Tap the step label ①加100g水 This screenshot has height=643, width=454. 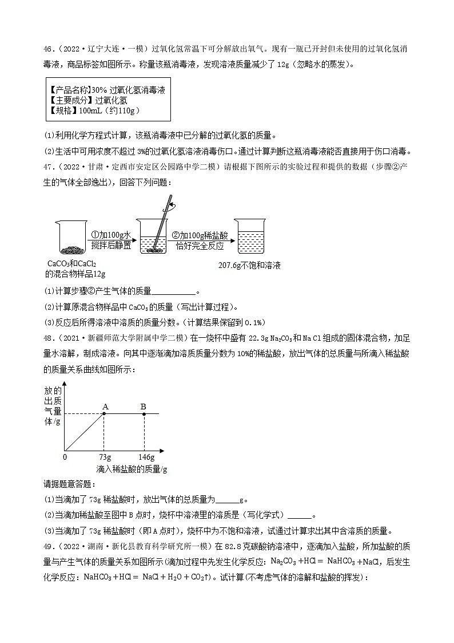pyautogui.click(x=111, y=235)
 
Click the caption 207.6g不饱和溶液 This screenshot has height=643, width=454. pyautogui.click(x=250, y=266)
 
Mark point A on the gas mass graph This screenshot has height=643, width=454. pyautogui.click(x=104, y=413)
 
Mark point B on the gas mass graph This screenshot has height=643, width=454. pyautogui.click(x=144, y=413)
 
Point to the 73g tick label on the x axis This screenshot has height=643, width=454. pyautogui.click(x=105, y=457)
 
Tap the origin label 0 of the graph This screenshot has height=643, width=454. pyautogui.click(x=64, y=457)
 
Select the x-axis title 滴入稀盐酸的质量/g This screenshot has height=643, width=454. pyautogui.click(x=132, y=469)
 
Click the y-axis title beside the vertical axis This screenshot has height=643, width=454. pyautogui.click(x=52, y=406)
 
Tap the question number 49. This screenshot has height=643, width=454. pyautogui.click(x=49, y=543)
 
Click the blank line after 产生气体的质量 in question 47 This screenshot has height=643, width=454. pyautogui.click(x=174, y=291)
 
